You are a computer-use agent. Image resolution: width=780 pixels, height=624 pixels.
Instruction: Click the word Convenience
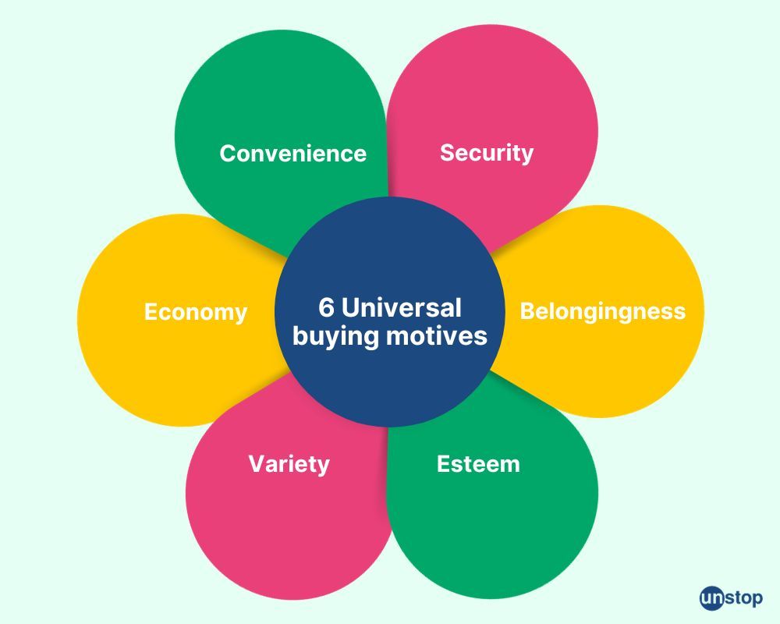click(292, 153)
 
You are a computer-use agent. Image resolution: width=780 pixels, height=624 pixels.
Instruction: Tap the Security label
click(487, 153)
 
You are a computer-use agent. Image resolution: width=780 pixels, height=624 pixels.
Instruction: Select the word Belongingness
click(603, 312)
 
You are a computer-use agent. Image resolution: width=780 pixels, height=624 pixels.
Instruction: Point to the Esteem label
click(478, 464)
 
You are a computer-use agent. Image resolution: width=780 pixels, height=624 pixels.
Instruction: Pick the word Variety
click(289, 464)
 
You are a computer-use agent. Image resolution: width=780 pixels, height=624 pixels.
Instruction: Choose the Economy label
click(196, 312)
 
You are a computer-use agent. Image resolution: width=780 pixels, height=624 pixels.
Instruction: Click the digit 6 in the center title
click(326, 307)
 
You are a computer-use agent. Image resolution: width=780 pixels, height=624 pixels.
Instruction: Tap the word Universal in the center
click(402, 307)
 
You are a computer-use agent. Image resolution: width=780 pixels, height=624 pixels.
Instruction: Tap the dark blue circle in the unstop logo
click(711, 598)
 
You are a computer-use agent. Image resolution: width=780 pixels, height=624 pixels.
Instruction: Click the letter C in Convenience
click(227, 153)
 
